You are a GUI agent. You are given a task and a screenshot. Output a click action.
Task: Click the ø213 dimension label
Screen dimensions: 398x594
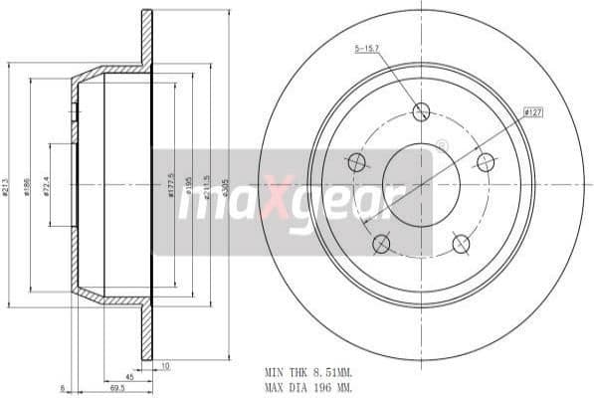pyautogui.click(x=7, y=186)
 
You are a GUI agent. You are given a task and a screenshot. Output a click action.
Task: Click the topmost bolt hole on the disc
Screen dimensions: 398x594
pyautogui.click(x=421, y=111)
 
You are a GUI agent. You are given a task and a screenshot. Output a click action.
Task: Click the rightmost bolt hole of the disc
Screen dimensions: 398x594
pyautogui.click(x=486, y=162)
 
